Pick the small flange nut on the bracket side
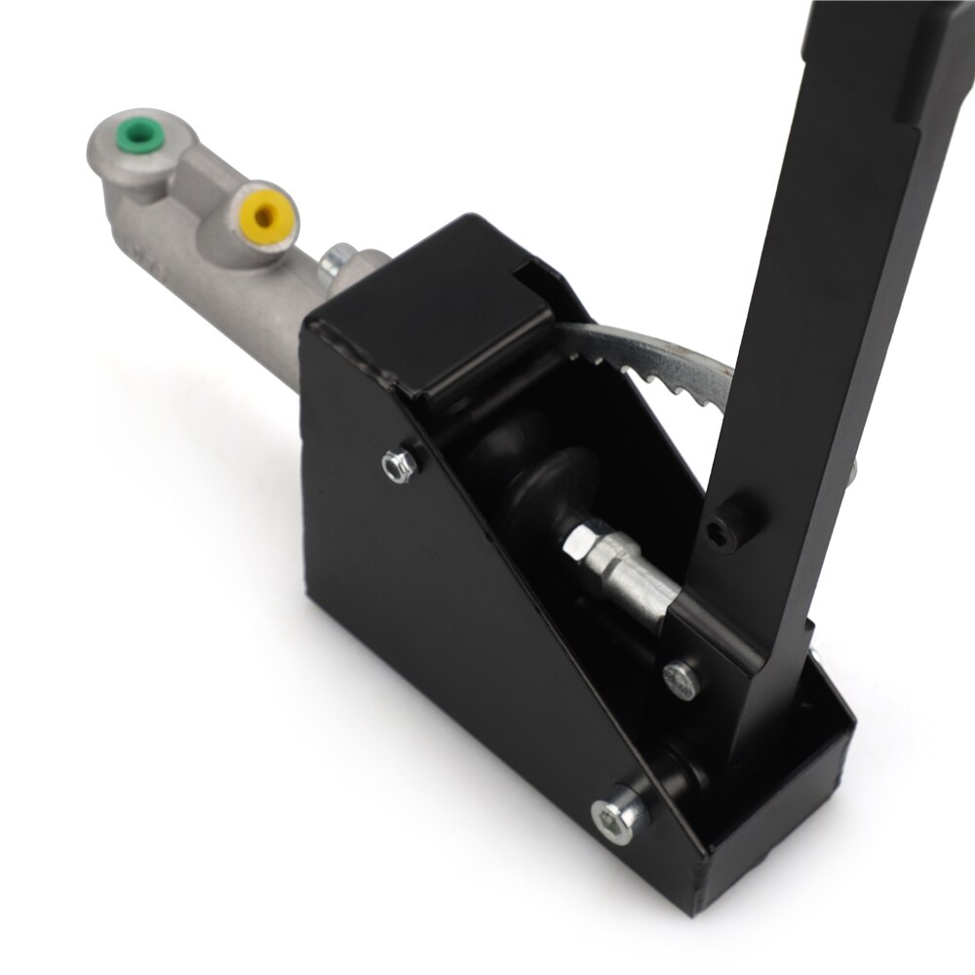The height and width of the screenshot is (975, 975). tap(399, 464)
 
